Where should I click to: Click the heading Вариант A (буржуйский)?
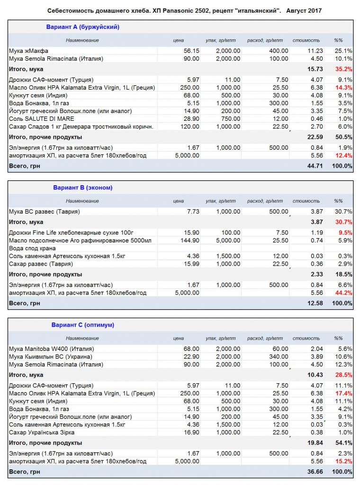[82, 27]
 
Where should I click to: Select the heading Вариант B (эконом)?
[82, 188]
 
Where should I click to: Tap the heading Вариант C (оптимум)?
[82, 325]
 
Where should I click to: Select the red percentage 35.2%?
[343, 69]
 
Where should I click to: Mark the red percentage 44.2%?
[343, 293]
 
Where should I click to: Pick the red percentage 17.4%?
[343, 394]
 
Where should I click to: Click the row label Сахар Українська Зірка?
[42, 432]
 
